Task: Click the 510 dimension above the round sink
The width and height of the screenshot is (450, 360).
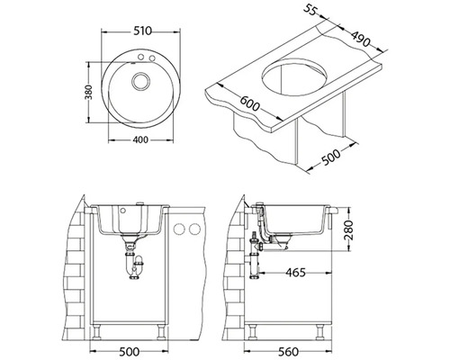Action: [x=142, y=31]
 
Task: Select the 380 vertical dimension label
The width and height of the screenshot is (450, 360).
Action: [x=90, y=93]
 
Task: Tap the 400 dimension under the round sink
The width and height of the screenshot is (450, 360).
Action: [x=140, y=139]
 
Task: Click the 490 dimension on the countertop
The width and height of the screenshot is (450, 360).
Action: [x=361, y=39]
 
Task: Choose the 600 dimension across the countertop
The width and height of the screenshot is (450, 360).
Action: [x=249, y=103]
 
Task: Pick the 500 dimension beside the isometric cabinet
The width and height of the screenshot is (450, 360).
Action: [x=331, y=157]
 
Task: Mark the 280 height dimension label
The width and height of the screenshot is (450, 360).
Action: [x=349, y=229]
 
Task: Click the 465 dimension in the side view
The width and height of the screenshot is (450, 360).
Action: [x=295, y=273]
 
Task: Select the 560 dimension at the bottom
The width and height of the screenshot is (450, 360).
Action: [x=288, y=351]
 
